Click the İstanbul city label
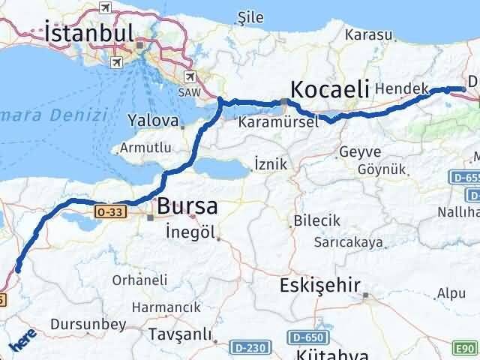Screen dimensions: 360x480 point(89,33)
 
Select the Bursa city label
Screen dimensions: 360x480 point(187,205)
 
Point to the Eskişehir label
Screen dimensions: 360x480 point(321,285)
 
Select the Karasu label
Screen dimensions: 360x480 point(368,34)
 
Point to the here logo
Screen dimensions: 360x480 point(22,343)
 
